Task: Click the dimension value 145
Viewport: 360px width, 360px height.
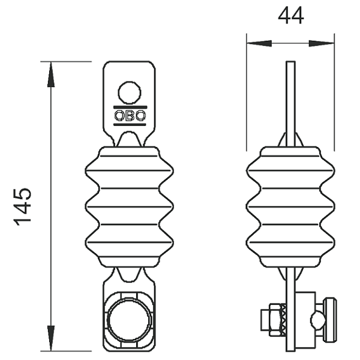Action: (x=22, y=207)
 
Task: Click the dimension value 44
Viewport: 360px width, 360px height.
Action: (x=290, y=16)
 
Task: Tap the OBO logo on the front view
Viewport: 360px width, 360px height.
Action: (x=130, y=116)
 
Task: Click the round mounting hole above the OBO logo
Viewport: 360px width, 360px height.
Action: (x=130, y=92)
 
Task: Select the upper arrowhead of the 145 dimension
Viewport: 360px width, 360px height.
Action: (x=51, y=74)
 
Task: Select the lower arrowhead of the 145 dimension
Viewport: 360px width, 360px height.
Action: (x=51, y=338)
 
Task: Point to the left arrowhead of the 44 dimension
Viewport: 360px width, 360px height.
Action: (x=259, y=43)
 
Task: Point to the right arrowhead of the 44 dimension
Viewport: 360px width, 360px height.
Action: (x=322, y=43)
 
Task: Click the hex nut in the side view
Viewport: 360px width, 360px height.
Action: (x=275, y=320)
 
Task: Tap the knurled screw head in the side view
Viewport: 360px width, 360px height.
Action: (x=330, y=320)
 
